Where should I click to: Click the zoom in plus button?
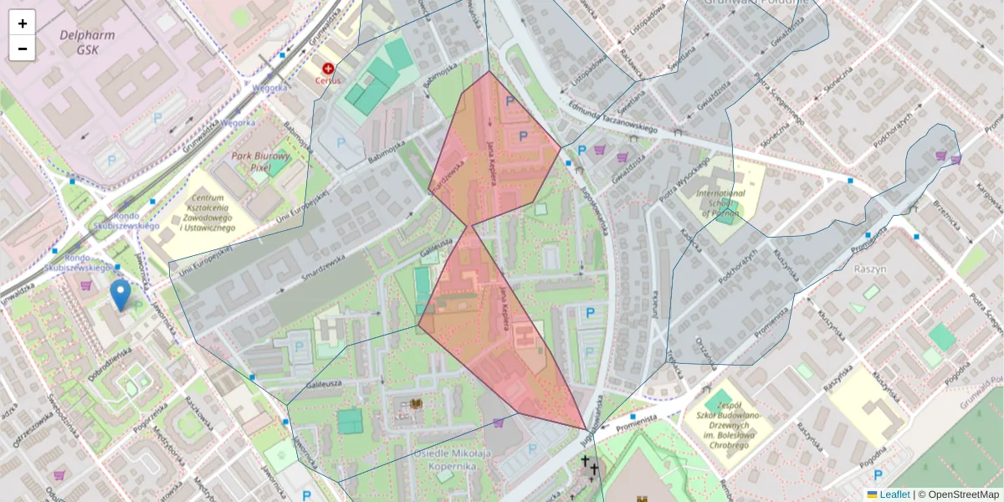(23, 23)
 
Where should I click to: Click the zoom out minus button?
(23, 49)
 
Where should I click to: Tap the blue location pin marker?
(120, 295)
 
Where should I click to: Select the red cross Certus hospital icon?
(328, 68)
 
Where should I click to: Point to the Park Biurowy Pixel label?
(260, 161)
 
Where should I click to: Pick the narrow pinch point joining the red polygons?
(472, 225)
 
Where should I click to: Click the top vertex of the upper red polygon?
(488, 71)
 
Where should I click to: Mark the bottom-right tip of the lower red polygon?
(586, 429)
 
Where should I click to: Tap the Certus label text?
(328, 81)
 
